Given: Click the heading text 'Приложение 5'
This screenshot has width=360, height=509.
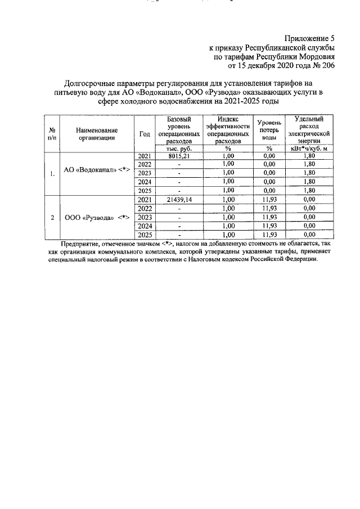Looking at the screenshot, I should [309, 39].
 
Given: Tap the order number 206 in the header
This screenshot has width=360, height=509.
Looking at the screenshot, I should [328, 66].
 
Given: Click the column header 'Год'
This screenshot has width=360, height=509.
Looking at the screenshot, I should [145, 133].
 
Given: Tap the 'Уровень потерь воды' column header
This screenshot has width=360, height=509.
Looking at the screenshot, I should [269, 130].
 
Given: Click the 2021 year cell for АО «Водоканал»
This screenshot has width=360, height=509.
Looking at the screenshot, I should [145, 156].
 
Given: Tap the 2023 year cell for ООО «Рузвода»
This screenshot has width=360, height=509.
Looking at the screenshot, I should [145, 217].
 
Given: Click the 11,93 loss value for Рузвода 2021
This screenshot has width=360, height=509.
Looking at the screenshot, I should [269, 199].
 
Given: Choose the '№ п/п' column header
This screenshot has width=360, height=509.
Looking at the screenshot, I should [52, 133].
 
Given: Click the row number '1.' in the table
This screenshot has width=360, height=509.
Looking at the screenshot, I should [52, 174].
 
